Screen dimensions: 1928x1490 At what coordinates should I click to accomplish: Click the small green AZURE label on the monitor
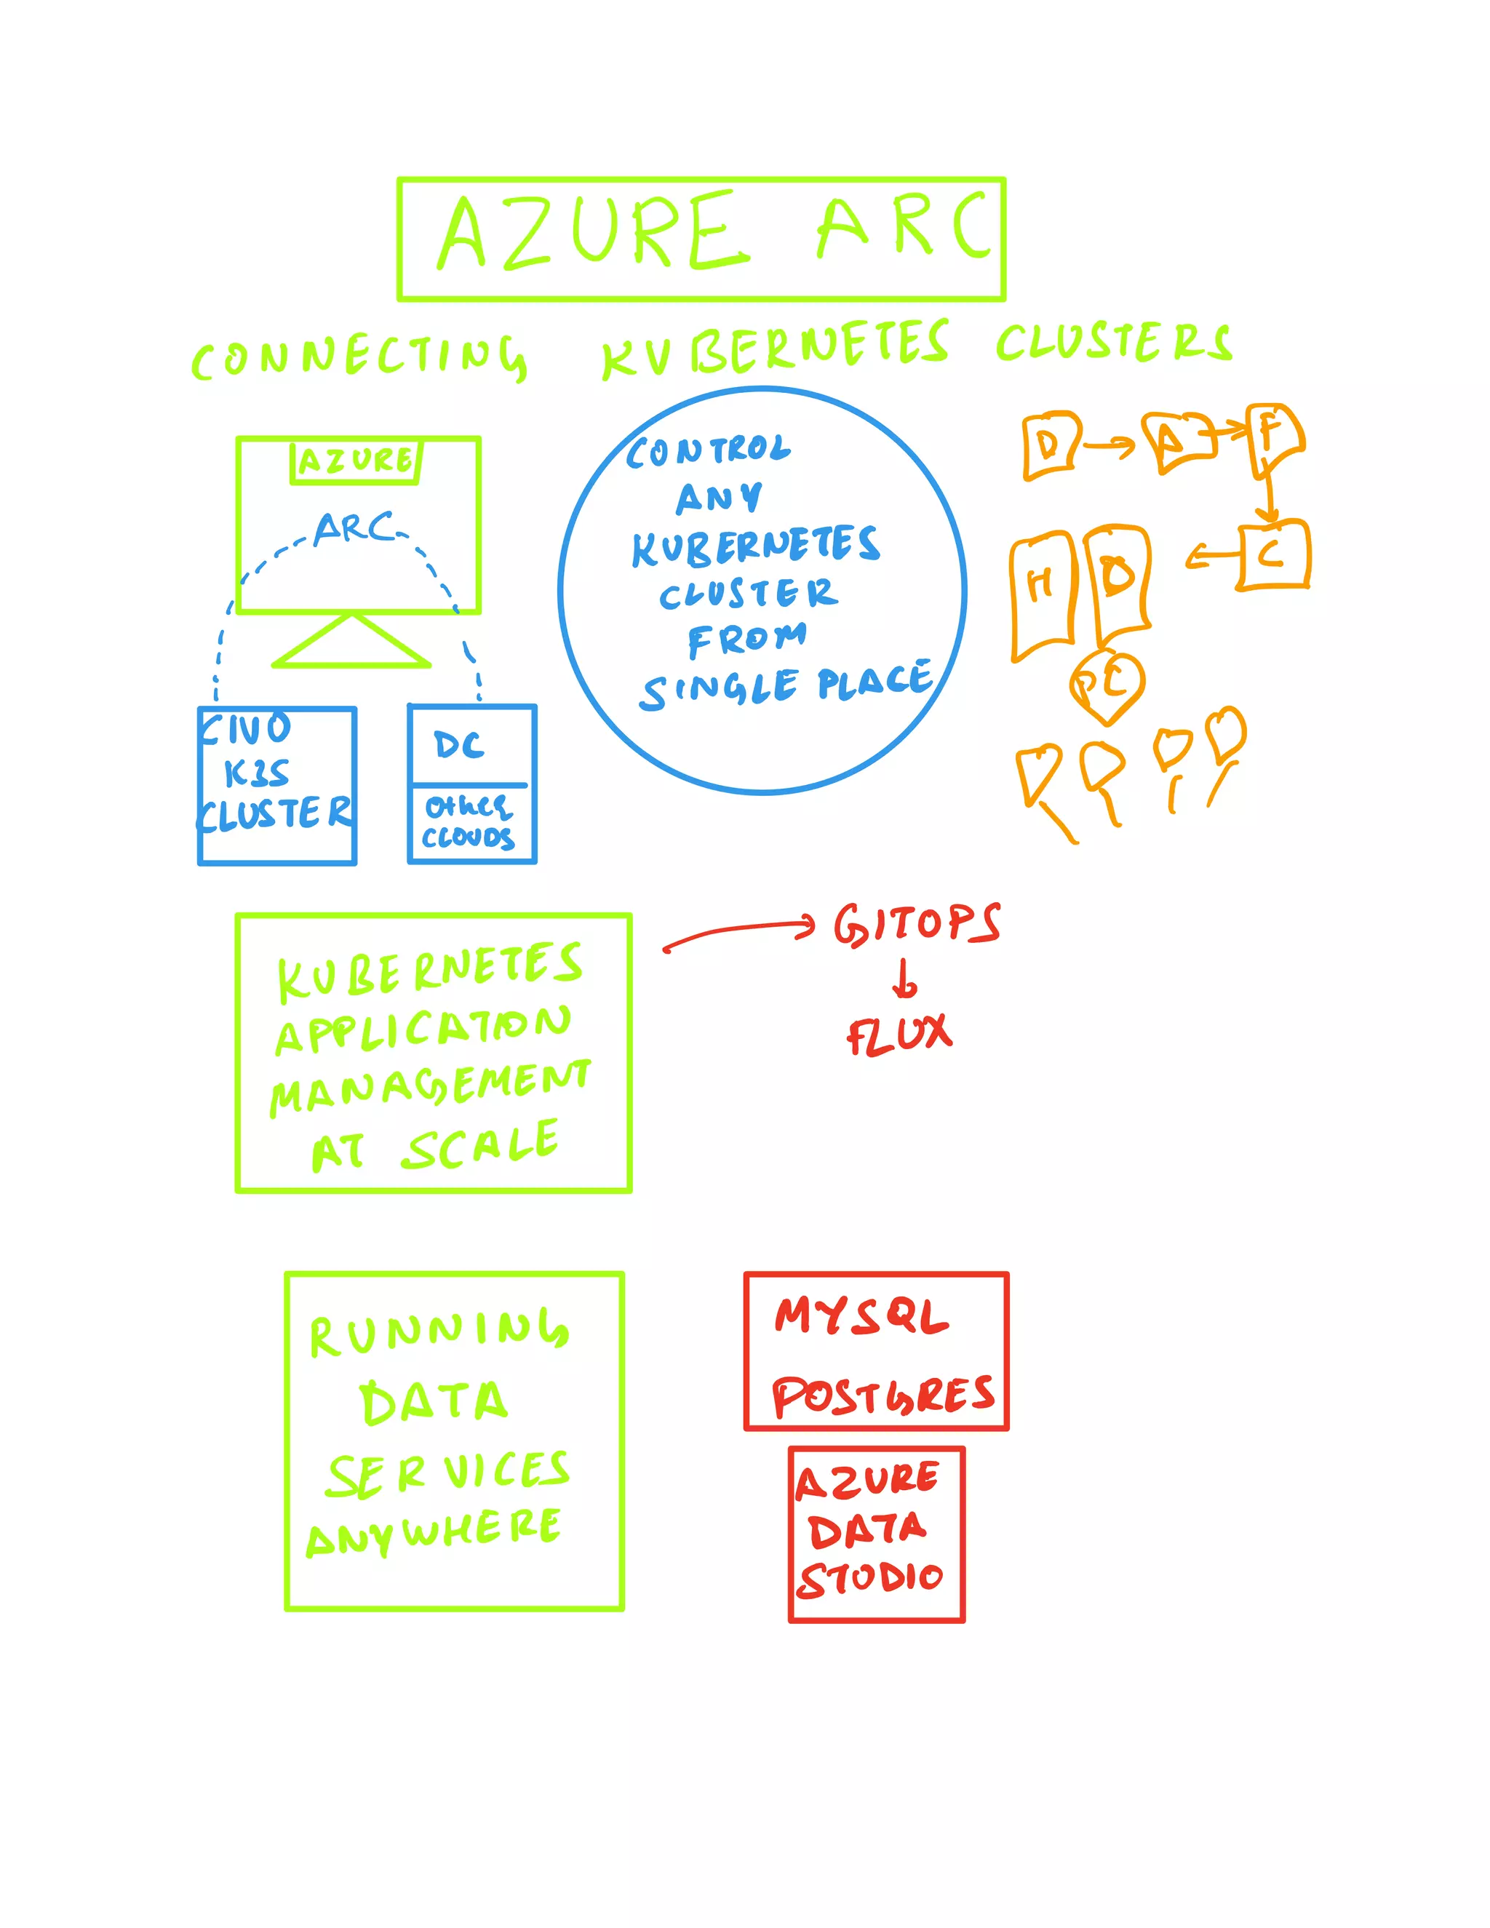tap(356, 461)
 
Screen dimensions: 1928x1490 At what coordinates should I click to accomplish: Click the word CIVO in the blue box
tap(245, 729)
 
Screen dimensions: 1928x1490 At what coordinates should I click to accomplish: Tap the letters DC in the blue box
tap(459, 746)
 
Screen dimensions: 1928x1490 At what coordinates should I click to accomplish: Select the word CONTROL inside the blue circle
tap(709, 451)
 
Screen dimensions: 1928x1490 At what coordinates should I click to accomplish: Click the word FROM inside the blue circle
tap(746, 639)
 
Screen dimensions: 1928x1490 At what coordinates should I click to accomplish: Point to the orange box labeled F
tap(1274, 437)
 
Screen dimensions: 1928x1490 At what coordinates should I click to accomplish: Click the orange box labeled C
tap(1273, 555)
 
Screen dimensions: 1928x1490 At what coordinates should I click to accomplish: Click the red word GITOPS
tap(916, 924)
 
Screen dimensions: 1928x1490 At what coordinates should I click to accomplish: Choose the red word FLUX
tap(899, 1035)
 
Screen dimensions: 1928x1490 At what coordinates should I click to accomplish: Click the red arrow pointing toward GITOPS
tap(740, 931)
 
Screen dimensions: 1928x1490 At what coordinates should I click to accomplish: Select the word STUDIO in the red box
tap(870, 1577)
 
